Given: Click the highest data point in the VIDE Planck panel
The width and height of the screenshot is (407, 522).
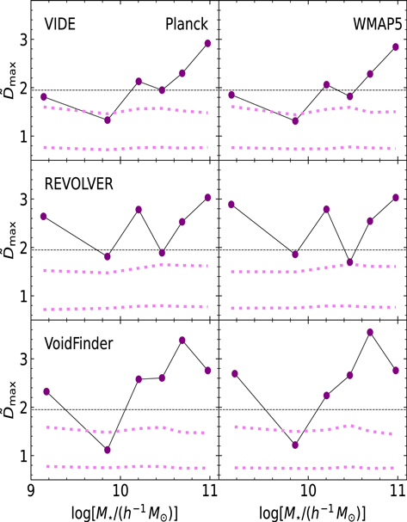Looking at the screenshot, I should click(207, 43).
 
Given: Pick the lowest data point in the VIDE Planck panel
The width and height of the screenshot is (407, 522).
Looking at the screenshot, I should click(108, 120).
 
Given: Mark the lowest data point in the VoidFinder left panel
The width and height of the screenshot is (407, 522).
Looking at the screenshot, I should click(108, 450).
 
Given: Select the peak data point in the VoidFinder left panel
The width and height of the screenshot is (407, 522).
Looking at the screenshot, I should click(182, 341).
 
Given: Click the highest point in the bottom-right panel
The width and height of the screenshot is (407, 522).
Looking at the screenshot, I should click(370, 332).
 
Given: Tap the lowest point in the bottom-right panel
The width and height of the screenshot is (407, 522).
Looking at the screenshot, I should click(295, 445).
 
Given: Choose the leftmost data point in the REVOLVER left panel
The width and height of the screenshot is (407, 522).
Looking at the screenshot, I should click(44, 216).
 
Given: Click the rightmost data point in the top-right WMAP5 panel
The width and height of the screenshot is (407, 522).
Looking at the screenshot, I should click(395, 46).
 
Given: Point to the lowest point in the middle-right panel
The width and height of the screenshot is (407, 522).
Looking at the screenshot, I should click(349, 261).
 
